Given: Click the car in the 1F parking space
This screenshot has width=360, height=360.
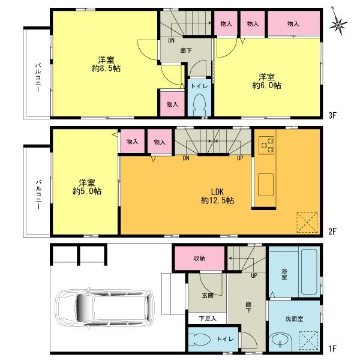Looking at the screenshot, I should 106,308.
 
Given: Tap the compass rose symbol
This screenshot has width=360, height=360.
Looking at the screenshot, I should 340,24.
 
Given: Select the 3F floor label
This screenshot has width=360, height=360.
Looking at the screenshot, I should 330,114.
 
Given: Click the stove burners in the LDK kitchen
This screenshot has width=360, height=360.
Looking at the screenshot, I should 267,145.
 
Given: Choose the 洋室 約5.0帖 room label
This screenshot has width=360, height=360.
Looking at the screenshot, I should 84,186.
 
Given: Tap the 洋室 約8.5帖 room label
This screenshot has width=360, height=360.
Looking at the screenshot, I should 105,64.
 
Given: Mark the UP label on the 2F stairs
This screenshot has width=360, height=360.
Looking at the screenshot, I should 240,158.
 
